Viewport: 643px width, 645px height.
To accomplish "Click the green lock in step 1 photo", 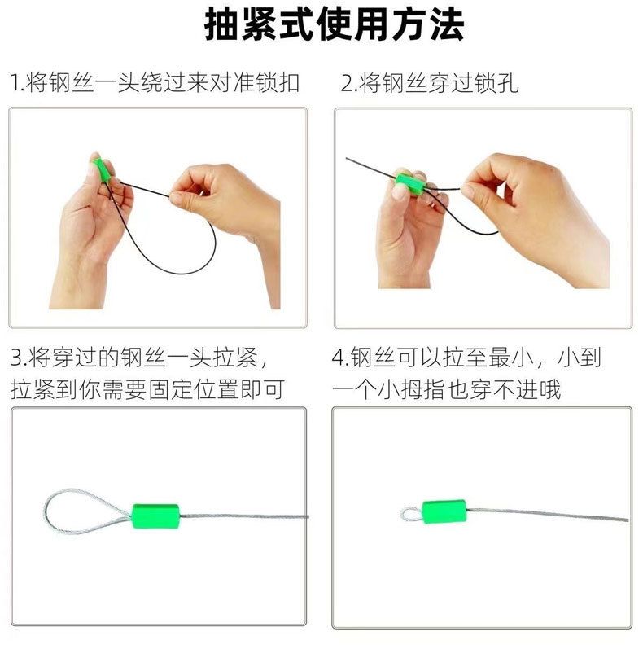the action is [102, 170].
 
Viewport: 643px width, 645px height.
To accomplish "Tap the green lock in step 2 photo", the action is [410, 181].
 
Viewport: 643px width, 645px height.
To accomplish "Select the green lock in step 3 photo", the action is [155, 516].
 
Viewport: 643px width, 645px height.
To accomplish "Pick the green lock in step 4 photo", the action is [444, 511].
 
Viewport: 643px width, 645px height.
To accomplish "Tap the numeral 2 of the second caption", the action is [347, 83].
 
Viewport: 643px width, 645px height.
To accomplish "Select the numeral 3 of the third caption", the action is [16, 357].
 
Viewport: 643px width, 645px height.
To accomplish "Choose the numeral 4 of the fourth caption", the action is [338, 357].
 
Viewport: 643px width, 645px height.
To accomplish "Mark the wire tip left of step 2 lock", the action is [347, 158].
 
